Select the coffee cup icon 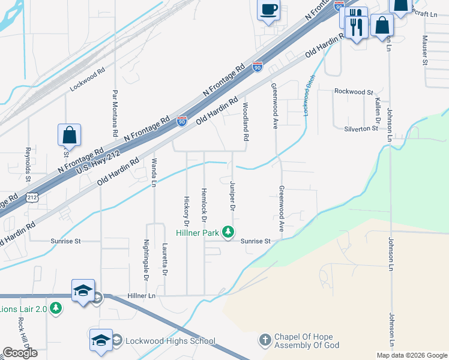point(269,10)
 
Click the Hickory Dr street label point(187,211)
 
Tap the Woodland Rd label point(246,121)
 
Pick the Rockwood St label point(354,92)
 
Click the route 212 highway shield point(32,197)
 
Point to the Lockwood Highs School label point(170,341)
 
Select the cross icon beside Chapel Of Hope point(265,340)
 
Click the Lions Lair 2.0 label point(24,308)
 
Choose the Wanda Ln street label point(154,172)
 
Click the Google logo point(20,353)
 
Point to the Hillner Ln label point(142,296)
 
